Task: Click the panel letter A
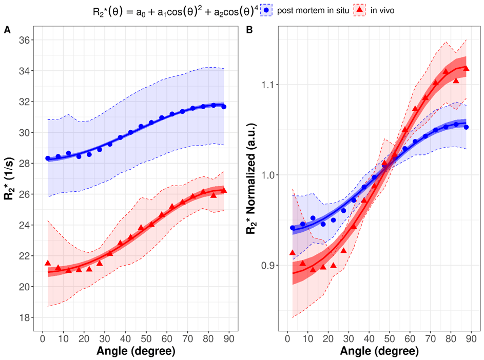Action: [7, 30]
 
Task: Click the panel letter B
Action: [249, 30]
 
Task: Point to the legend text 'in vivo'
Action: [382, 10]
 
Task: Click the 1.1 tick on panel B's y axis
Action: [269, 85]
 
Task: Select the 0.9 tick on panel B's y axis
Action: [269, 266]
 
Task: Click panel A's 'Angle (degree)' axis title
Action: [135, 351]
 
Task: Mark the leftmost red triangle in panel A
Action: [48, 263]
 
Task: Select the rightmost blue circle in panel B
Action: [466, 127]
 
